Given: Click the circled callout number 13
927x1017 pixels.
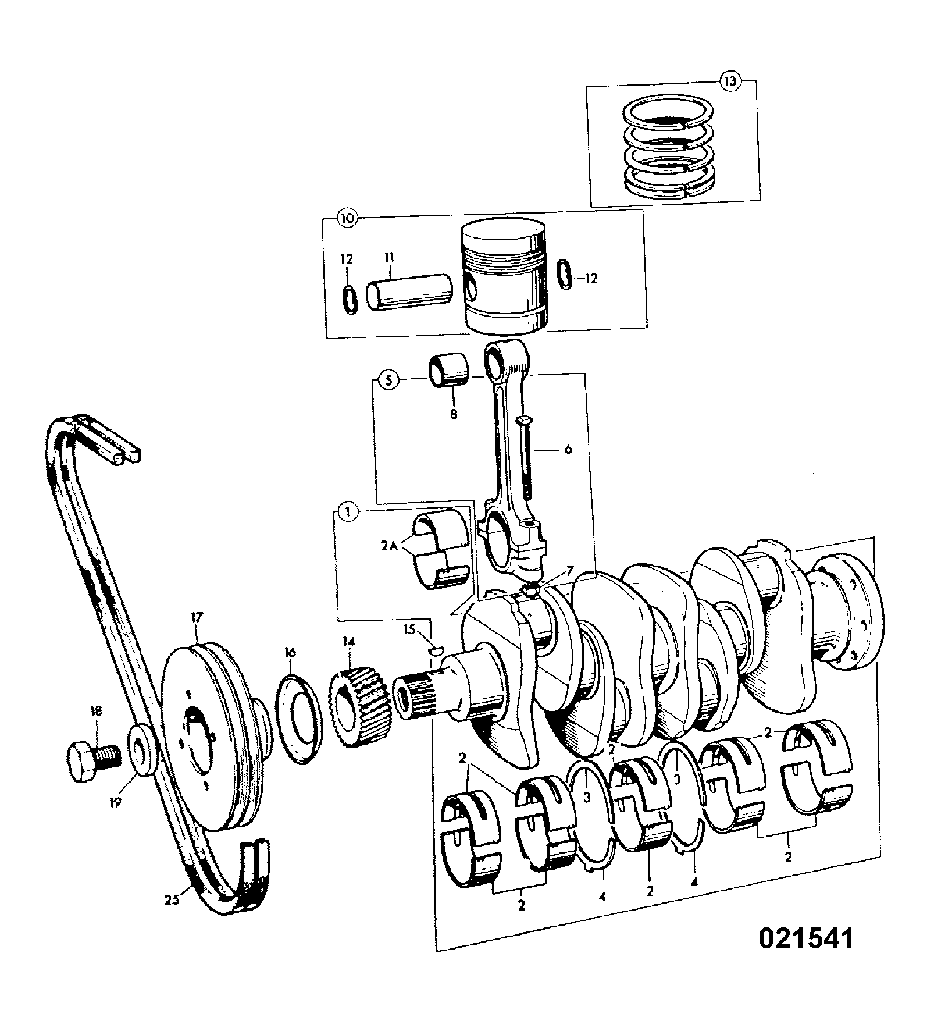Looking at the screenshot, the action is point(730,81).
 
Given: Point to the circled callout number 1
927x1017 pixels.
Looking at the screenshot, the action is point(347,512).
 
